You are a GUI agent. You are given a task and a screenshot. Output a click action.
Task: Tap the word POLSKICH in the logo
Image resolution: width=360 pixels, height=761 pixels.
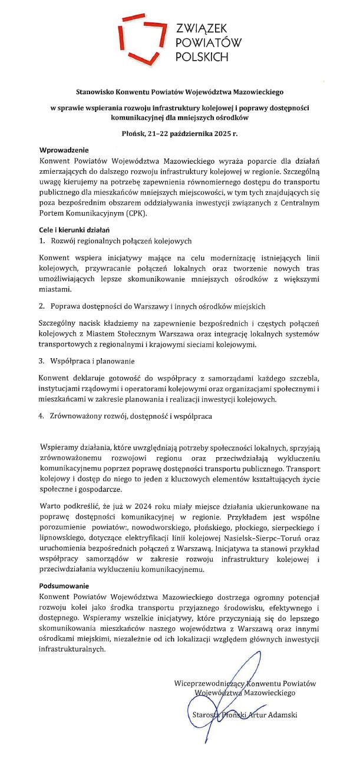tap(202, 57)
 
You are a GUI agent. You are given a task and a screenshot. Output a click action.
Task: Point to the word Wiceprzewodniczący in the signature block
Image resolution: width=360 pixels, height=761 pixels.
tap(210, 683)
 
